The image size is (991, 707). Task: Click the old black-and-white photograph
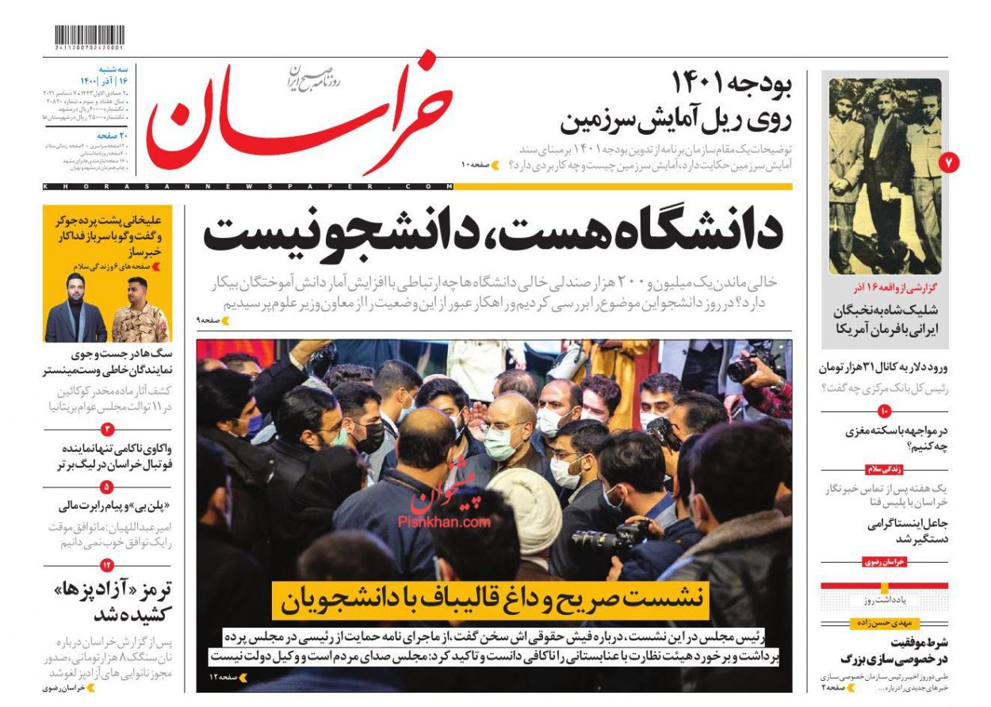[885, 176]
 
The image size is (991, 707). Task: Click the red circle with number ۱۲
[107, 564]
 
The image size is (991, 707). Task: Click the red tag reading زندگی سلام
[885, 468]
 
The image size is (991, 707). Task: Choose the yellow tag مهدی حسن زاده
[885, 623]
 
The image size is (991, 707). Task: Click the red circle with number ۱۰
[885, 411]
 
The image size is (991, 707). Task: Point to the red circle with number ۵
[107, 487]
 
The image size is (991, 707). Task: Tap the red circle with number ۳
[107, 429]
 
